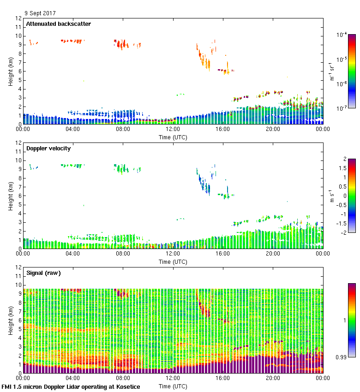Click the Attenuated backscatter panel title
[x=58, y=24]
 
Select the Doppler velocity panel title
[x=50, y=148]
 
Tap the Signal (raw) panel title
[x=43, y=273]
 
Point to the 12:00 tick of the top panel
[x=173, y=130]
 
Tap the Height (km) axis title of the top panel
[x=11, y=71]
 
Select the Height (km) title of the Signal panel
[x=11, y=320]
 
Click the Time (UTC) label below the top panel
[x=173, y=137]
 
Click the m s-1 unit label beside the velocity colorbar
[x=332, y=196]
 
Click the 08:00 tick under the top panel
[x=123, y=130]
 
